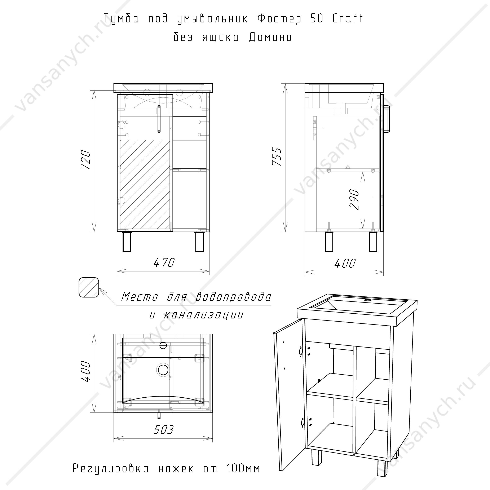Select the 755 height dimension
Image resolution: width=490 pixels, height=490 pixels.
(x=277, y=156)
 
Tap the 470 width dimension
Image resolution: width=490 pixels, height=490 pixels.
(x=164, y=262)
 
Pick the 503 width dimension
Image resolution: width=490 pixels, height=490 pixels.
(x=164, y=429)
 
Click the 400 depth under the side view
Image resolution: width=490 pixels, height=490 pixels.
(x=345, y=264)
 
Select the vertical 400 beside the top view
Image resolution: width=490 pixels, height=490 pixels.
(x=85, y=372)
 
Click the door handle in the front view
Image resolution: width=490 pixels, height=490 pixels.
(x=159, y=119)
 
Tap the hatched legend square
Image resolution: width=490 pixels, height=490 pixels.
(x=89, y=287)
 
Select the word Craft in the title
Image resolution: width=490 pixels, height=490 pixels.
(x=348, y=18)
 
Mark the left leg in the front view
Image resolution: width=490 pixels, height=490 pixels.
(x=127, y=242)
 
